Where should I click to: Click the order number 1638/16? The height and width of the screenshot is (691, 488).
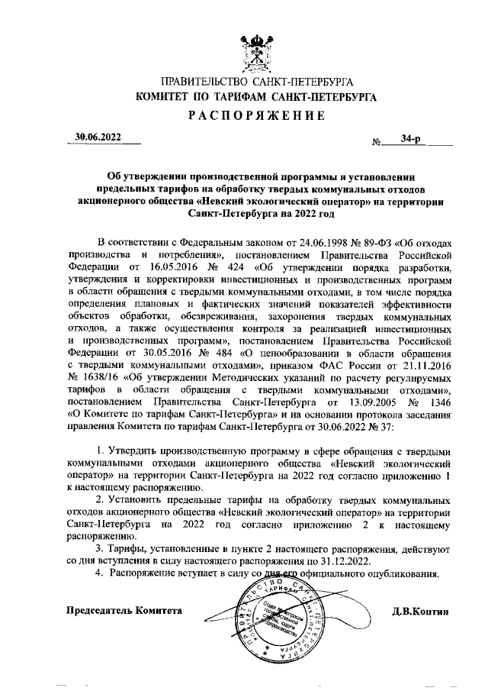[104, 378]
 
